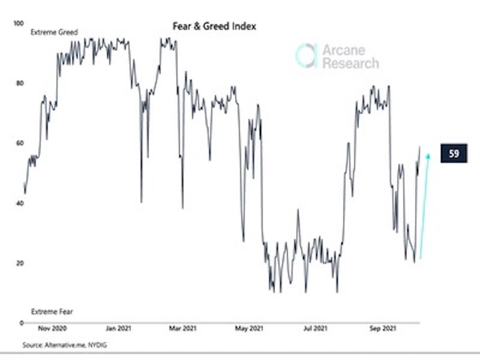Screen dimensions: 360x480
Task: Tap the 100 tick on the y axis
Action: tap(17, 23)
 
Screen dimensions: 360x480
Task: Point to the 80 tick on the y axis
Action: tap(19, 83)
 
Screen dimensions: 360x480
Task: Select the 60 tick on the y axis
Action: tap(19, 143)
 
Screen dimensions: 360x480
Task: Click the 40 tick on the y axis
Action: tap(19, 203)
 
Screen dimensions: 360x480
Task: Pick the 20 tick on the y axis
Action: tap(19, 263)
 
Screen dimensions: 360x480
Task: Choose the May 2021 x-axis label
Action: tap(248, 329)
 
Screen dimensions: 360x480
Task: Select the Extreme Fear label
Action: tap(52, 313)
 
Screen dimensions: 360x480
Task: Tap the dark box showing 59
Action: tap(454, 154)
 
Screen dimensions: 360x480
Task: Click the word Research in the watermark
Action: tap(350, 63)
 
